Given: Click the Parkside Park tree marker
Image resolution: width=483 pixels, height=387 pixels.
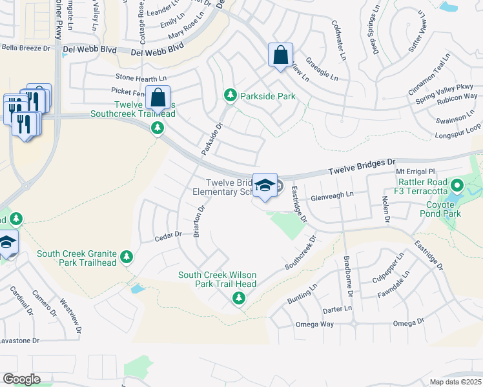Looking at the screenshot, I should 230,96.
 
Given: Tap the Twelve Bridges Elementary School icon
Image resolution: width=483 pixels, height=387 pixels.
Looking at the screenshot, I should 265,186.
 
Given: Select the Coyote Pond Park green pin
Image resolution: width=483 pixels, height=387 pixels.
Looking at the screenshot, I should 457,187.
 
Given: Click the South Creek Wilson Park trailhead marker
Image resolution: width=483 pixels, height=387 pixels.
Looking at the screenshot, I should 239,298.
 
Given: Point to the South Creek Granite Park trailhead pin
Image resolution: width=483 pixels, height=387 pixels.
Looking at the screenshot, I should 127,257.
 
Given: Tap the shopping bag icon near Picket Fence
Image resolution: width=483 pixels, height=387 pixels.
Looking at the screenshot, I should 158,99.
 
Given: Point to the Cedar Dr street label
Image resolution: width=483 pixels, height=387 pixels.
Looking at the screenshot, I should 168,237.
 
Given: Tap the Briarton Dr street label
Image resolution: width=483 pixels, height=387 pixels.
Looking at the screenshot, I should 199,222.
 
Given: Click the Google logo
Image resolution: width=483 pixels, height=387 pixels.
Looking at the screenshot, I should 21,379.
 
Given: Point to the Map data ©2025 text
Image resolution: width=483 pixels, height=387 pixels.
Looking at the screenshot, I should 455,382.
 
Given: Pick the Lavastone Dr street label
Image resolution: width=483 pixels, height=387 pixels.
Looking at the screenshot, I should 19,340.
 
